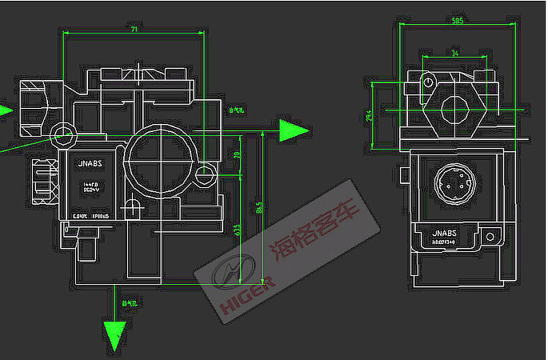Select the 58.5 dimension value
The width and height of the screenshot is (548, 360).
point(457,22)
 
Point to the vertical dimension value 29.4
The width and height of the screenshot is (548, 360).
point(369,117)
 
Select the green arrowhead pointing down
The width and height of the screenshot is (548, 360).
point(116,334)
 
